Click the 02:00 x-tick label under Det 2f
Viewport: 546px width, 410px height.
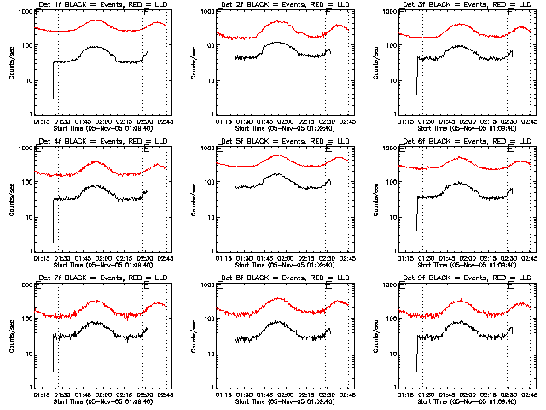coord(284,122)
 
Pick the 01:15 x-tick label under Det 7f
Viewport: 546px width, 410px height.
coord(41,395)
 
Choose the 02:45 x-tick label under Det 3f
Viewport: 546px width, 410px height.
coord(529,122)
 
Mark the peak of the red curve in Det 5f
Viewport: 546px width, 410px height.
coord(278,155)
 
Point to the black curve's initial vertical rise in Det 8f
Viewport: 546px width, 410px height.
coord(235,359)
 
